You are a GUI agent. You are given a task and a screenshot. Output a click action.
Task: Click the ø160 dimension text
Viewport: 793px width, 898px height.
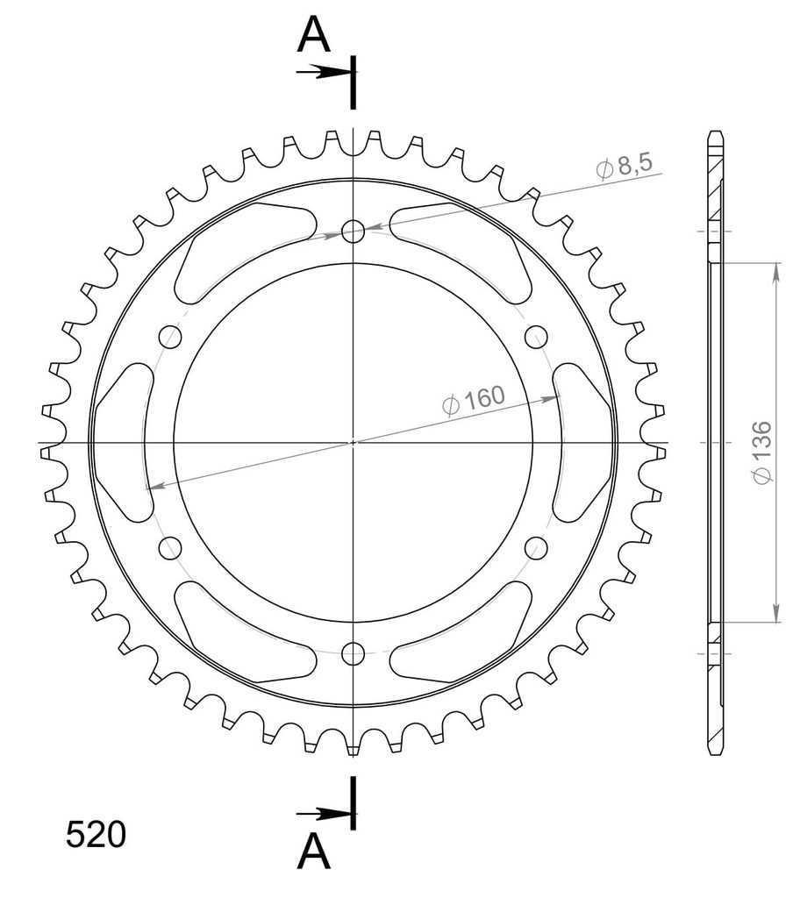[x=474, y=399]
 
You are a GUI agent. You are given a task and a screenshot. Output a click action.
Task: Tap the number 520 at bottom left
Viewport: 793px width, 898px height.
[x=96, y=835]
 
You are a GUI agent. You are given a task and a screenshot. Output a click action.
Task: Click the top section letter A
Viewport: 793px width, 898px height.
[x=313, y=34]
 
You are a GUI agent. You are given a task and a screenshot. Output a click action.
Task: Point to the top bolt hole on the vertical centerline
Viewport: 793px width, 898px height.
[x=353, y=232]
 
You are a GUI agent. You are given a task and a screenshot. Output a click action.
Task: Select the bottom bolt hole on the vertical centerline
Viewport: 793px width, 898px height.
[x=353, y=652]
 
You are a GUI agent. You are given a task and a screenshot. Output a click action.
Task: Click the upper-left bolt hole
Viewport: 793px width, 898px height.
[x=170, y=336]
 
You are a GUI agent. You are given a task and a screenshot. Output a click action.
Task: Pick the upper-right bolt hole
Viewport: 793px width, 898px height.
[x=536, y=336]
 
